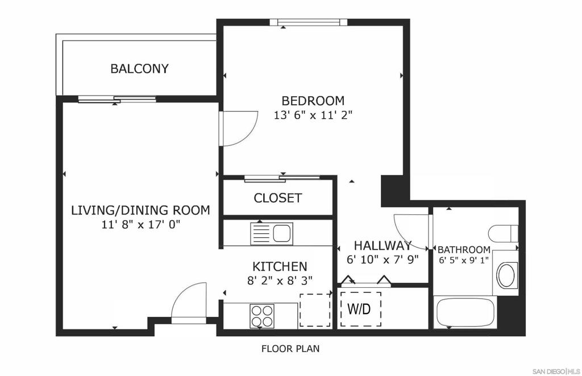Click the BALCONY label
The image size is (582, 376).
(x=140, y=69)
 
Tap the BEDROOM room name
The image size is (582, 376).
(x=313, y=101)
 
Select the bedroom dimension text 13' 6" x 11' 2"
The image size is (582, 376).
(x=313, y=115)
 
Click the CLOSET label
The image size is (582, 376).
(x=277, y=198)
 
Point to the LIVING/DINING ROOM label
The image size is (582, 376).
(x=141, y=210)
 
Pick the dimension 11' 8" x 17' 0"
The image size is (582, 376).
(x=141, y=225)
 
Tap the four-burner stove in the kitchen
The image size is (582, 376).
(x=262, y=316)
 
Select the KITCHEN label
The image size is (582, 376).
(x=280, y=266)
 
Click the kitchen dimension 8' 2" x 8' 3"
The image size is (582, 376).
(x=280, y=280)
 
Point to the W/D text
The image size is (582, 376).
(x=359, y=308)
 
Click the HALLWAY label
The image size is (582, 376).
(x=383, y=246)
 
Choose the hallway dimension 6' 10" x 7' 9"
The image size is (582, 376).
(x=383, y=259)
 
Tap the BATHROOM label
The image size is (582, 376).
(x=464, y=250)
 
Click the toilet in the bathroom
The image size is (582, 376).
(x=504, y=233)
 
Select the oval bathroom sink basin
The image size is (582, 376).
(x=507, y=275)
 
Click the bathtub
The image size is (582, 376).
(x=465, y=312)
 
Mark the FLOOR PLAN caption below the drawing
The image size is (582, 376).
(x=290, y=349)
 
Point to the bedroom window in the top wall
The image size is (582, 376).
(x=309, y=22)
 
